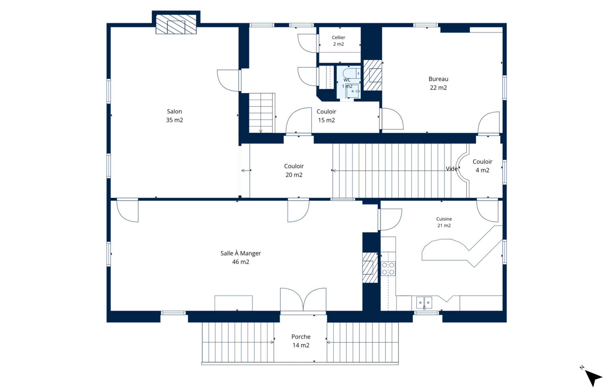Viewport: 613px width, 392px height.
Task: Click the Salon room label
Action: coord(174,116)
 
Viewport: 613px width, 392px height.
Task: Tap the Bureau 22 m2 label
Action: coord(438,83)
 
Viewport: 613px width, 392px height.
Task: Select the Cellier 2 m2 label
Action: coord(338,41)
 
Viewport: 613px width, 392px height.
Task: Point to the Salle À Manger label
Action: coord(241,257)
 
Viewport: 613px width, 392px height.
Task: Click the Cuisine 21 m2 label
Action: coord(444,222)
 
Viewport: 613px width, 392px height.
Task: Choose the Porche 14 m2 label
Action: coord(301,341)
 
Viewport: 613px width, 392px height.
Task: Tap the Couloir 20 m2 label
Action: coord(294,170)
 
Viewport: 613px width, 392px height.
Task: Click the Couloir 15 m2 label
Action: coord(326,116)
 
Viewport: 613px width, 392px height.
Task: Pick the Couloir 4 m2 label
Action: coord(482,166)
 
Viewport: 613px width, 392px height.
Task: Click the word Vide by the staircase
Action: coord(452,169)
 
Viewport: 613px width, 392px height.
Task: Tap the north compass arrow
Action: coord(593,377)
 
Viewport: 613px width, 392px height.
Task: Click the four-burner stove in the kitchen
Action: coord(388,268)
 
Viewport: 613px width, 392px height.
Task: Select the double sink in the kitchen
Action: coord(424,303)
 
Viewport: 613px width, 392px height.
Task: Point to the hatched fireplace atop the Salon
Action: coord(176,24)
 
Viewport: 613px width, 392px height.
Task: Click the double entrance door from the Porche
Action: coord(303,300)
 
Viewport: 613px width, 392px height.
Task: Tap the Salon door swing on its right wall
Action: coord(228,80)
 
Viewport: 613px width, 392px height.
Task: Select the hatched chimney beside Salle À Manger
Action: coord(370,268)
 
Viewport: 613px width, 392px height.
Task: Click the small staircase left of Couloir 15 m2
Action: coord(261,113)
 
